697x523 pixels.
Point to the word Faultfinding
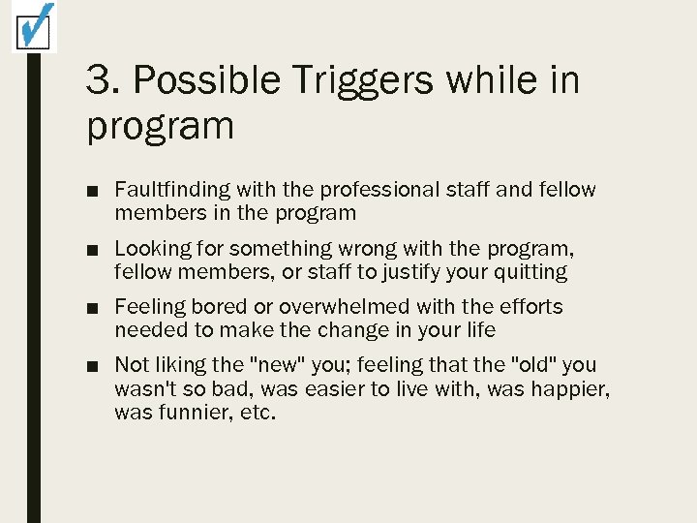(x=170, y=190)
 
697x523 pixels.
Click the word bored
(x=221, y=307)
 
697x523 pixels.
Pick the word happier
(x=575, y=389)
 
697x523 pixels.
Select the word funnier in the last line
(x=189, y=413)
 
